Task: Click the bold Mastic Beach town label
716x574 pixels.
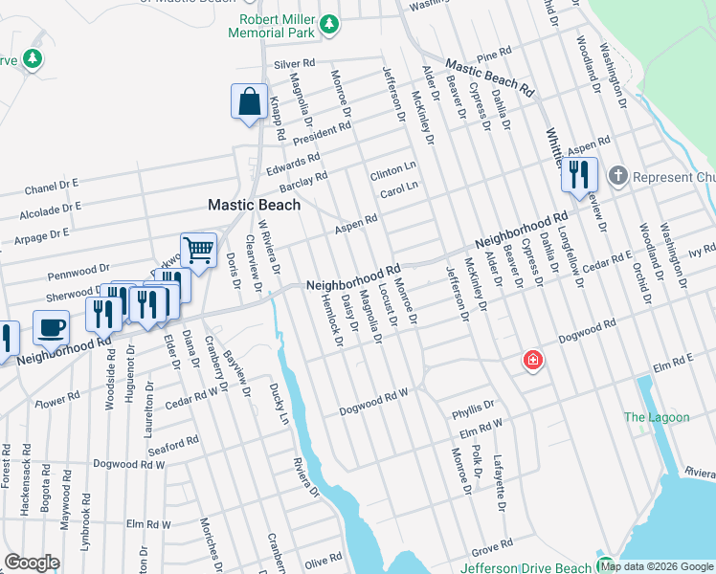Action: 255,205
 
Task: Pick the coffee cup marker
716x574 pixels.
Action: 51,327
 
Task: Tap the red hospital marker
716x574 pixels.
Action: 531,361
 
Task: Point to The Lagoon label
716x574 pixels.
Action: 656,417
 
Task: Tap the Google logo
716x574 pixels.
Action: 32,563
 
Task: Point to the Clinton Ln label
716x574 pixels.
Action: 393,166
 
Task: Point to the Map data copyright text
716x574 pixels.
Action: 657,566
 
